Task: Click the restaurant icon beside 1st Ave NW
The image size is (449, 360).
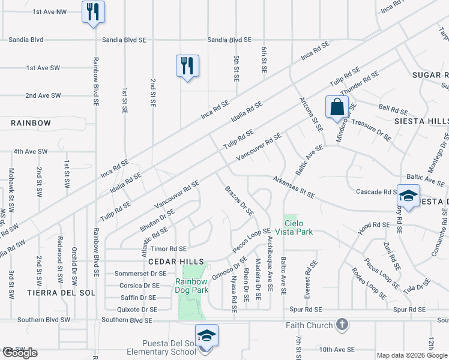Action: click(x=93, y=13)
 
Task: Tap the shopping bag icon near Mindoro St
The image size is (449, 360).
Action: click(x=337, y=107)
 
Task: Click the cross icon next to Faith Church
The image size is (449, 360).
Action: click(x=342, y=325)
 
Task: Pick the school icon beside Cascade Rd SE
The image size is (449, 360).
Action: click(x=408, y=197)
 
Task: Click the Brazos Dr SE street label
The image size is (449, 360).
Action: click(x=240, y=201)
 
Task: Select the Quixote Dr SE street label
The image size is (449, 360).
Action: click(x=138, y=310)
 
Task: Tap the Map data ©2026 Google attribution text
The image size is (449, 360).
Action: click(x=412, y=355)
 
